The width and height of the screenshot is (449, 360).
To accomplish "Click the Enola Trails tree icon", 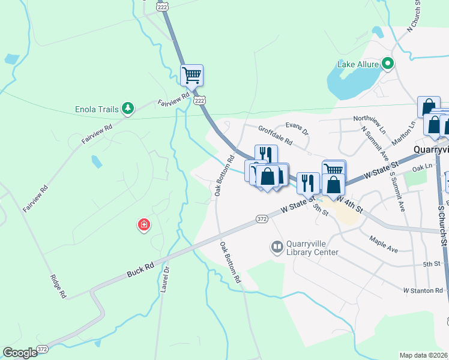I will coord(127,108).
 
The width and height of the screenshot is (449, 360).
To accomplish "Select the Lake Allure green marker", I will coord(388,62).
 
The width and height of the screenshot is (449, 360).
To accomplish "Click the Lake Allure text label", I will coord(358,64).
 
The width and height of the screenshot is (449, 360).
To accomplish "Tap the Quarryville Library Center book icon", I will coord(277,247).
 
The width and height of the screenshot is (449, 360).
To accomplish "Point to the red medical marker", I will coord(144,226).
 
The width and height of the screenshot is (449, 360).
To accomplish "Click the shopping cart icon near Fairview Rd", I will coord(191,76).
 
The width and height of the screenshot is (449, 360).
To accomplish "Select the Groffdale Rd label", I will coord(275,136).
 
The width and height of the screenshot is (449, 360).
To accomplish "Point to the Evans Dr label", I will coord(297,128).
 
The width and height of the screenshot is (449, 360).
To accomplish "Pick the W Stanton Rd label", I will coord(423,290).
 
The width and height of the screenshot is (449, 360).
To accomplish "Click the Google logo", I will coord(20,352).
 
